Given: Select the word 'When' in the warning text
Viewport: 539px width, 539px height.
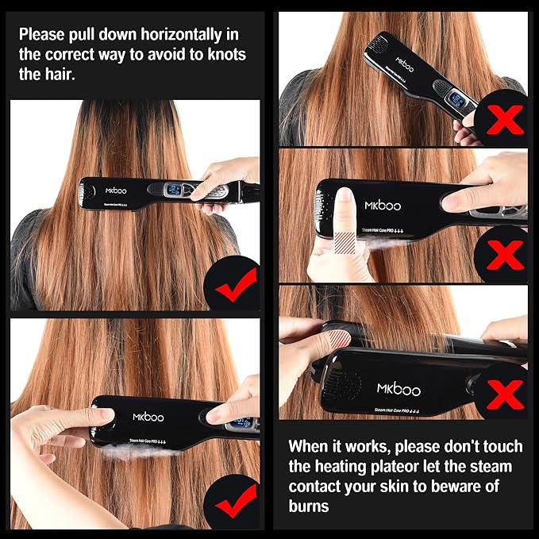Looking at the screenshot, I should pyautogui.click(x=309, y=446).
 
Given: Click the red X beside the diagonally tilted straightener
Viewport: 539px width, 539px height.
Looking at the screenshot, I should pyautogui.click(x=502, y=121).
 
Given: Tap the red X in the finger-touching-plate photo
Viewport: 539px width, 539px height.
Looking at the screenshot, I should pyautogui.click(x=502, y=254).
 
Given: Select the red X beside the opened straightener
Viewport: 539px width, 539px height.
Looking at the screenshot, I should pyautogui.click(x=502, y=391).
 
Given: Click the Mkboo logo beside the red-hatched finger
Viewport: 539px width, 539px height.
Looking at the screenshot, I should pyautogui.click(x=383, y=205).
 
